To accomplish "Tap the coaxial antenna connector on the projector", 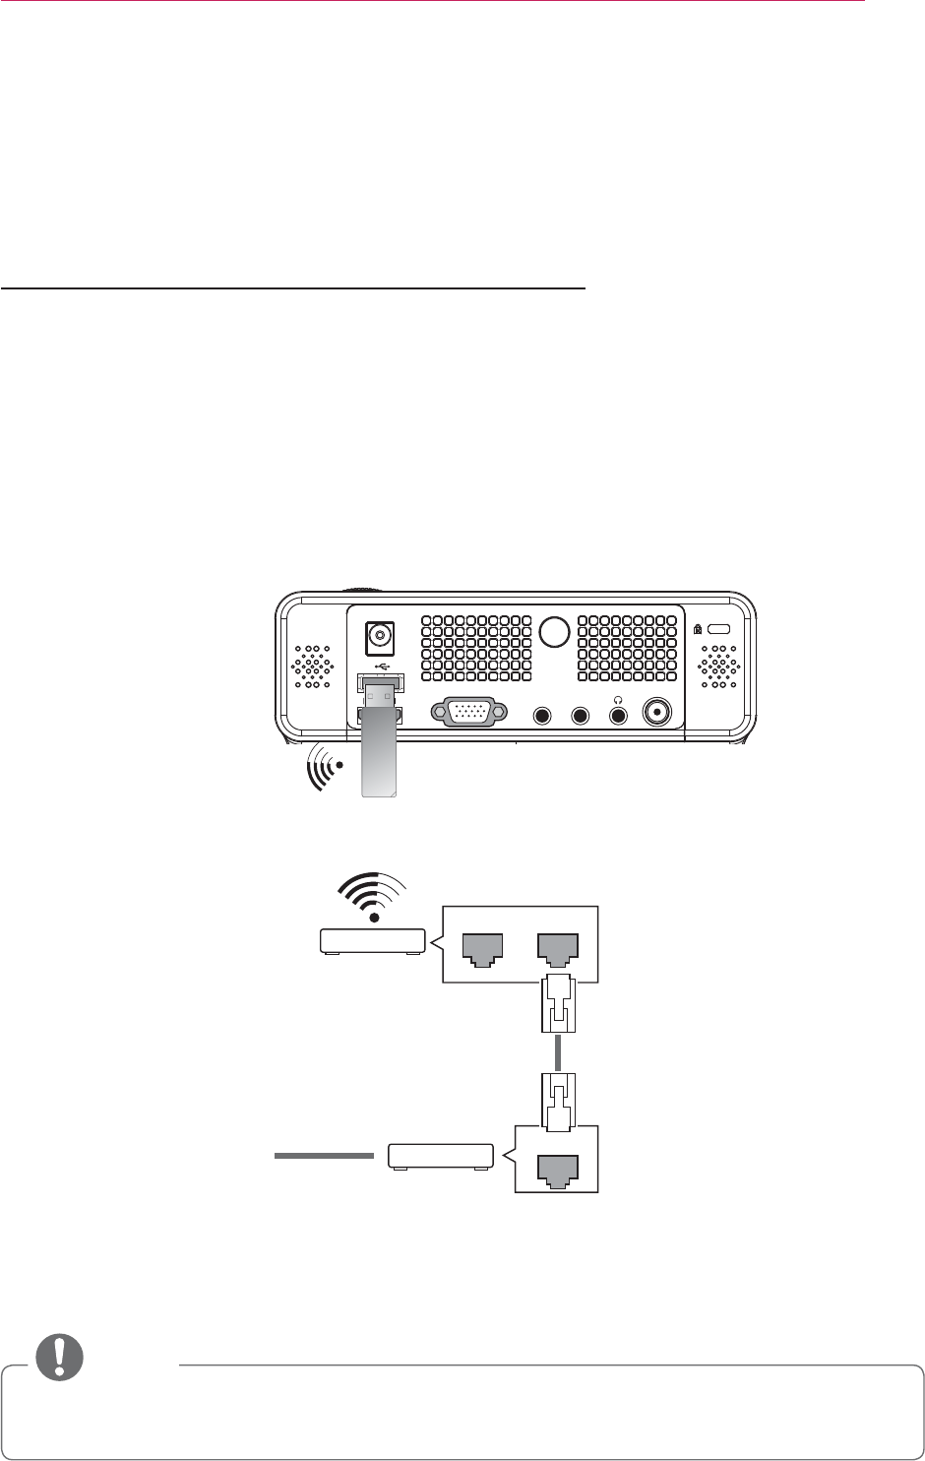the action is point(656,713).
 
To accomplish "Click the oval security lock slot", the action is point(719,629).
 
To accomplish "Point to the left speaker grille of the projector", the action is point(312,667).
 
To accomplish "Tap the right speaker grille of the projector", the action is point(719,667).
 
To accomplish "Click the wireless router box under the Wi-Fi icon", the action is point(372,941).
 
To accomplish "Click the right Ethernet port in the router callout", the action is point(557,949).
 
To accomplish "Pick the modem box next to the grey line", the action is point(440,1155).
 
